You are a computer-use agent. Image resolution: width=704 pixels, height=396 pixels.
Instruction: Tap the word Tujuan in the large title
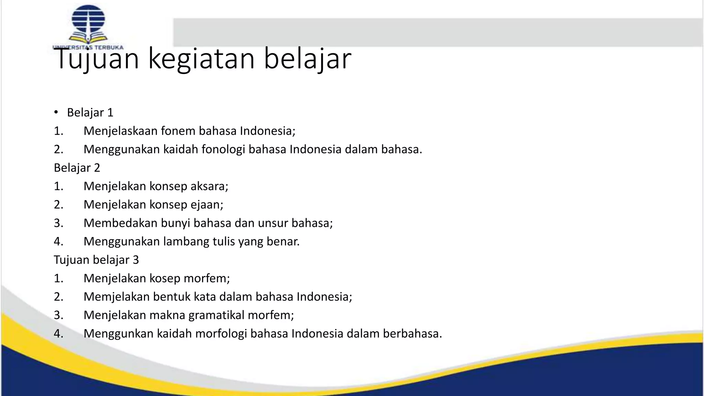[97, 59]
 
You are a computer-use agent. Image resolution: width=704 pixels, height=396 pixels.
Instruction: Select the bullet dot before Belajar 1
[56, 113]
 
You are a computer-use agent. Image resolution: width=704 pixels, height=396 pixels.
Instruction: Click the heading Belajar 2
[77, 168]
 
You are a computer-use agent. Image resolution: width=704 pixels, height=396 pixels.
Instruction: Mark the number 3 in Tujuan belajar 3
[136, 260]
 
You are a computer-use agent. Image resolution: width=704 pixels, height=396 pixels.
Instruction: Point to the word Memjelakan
[117, 297]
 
